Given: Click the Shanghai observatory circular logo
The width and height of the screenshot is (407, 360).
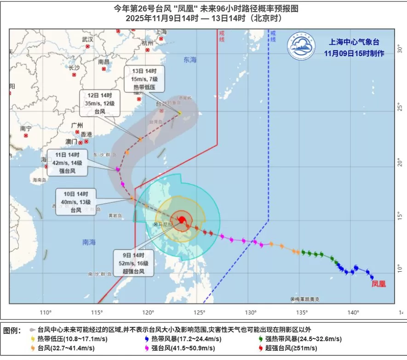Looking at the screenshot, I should (x=302, y=46).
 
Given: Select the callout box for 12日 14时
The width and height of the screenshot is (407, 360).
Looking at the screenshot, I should (x=100, y=103).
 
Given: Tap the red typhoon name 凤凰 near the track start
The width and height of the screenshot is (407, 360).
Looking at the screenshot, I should (x=378, y=284).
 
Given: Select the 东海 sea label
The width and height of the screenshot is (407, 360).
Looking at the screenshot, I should (x=190, y=60).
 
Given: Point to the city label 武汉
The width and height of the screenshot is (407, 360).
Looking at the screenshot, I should (x=87, y=39).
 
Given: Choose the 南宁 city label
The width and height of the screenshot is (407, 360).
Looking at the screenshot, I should (x=26, y=128).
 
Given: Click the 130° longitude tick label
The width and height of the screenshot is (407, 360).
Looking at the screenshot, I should (x=251, y=313).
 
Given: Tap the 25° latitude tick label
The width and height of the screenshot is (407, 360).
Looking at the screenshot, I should (x=400, y=108).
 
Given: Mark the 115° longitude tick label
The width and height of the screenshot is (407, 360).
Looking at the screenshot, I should (x=97, y=313).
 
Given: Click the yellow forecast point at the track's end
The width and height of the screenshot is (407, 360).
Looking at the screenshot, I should (x=180, y=113).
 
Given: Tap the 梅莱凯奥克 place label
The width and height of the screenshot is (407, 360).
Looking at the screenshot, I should (x=307, y=299).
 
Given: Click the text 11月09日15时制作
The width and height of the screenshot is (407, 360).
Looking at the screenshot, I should (x=354, y=53).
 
